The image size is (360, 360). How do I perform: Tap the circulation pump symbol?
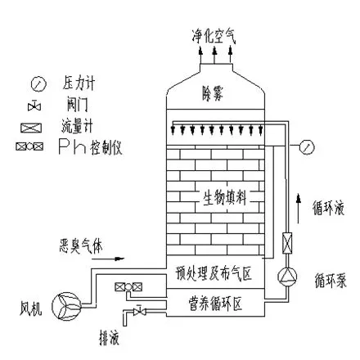tap(287, 277)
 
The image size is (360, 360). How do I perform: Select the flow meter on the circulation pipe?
tap(287, 243)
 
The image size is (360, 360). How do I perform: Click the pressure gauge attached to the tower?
tap(307, 146)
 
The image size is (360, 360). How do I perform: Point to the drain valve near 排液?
tap(139, 311)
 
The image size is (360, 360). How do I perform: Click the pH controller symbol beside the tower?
tap(128, 286)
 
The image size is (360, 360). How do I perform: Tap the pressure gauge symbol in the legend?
tap(38, 83)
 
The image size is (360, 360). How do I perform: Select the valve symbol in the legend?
tap(34, 106)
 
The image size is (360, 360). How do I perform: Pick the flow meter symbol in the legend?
tap(31, 128)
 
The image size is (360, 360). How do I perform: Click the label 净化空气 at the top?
tap(214, 36)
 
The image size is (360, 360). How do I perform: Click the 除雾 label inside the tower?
tap(213, 94)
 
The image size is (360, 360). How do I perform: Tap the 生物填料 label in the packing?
tap(224, 197)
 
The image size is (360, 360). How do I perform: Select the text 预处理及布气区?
tap(214, 273)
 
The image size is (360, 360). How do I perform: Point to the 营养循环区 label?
tap(215, 304)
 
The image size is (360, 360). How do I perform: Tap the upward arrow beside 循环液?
tap(299, 209)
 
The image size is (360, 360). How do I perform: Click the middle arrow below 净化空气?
tap(214, 55)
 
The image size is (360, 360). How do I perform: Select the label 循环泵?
tap(331, 280)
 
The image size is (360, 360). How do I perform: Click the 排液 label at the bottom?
tap(109, 338)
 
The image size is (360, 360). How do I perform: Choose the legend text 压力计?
tap(79, 83)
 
